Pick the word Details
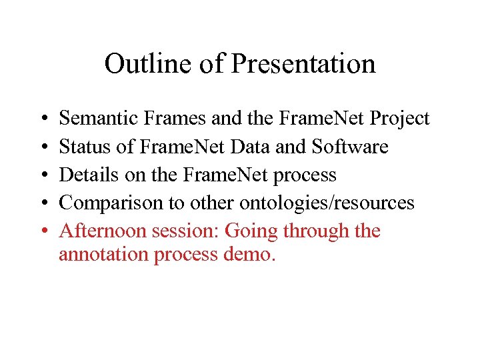coord(84,175)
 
